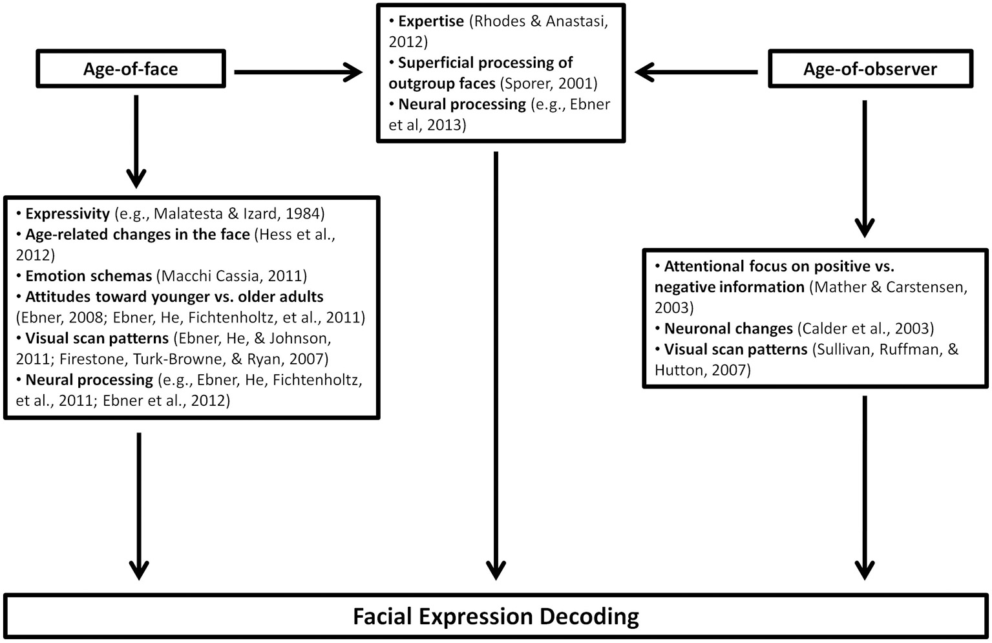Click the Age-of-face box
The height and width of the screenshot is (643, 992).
click(131, 69)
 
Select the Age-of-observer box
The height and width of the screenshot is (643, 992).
click(870, 69)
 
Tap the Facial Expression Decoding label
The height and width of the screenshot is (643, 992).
click(496, 617)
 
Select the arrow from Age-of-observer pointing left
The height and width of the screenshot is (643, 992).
click(697, 72)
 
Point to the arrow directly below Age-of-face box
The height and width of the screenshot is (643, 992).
click(136, 142)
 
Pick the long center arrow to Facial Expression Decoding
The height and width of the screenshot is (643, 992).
click(496, 365)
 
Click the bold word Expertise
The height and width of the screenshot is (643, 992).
click(431, 21)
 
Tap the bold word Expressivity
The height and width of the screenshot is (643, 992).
click(67, 214)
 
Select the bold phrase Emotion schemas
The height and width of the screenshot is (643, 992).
click(89, 276)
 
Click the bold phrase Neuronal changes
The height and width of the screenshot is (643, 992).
click(728, 328)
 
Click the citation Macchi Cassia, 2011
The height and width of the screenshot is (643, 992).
click(231, 276)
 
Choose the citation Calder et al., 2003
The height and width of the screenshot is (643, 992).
click(866, 328)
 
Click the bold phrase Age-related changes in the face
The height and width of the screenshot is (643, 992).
click(137, 235)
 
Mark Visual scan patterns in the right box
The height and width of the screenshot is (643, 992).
click(735, 349)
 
